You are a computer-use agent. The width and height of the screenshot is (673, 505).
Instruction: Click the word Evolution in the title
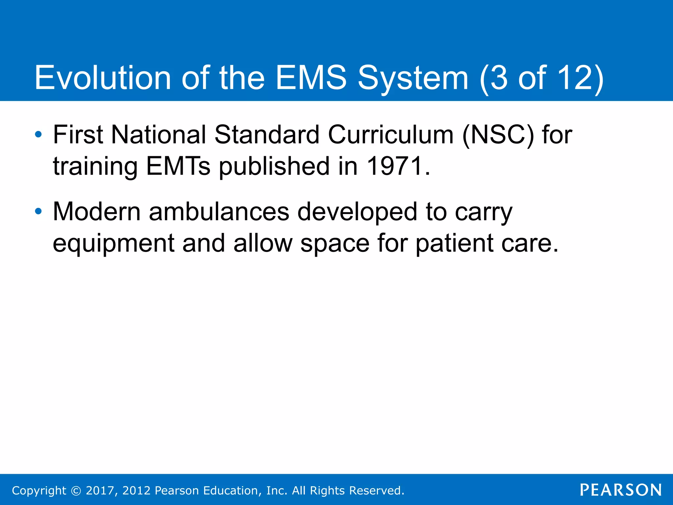103,78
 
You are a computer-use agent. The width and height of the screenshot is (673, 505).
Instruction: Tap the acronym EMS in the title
311,78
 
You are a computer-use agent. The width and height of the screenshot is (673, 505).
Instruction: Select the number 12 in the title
575,78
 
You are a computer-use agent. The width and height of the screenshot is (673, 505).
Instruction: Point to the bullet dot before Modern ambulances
38,211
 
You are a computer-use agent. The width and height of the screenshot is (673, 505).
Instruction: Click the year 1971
394,166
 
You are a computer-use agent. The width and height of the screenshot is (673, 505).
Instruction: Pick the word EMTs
178,166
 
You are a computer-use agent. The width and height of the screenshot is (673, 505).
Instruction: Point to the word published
274,166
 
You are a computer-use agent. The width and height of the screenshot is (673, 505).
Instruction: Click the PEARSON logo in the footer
621,490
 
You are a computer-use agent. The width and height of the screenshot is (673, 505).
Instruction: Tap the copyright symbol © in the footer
76,491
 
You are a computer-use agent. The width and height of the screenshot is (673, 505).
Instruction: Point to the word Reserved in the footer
376,491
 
